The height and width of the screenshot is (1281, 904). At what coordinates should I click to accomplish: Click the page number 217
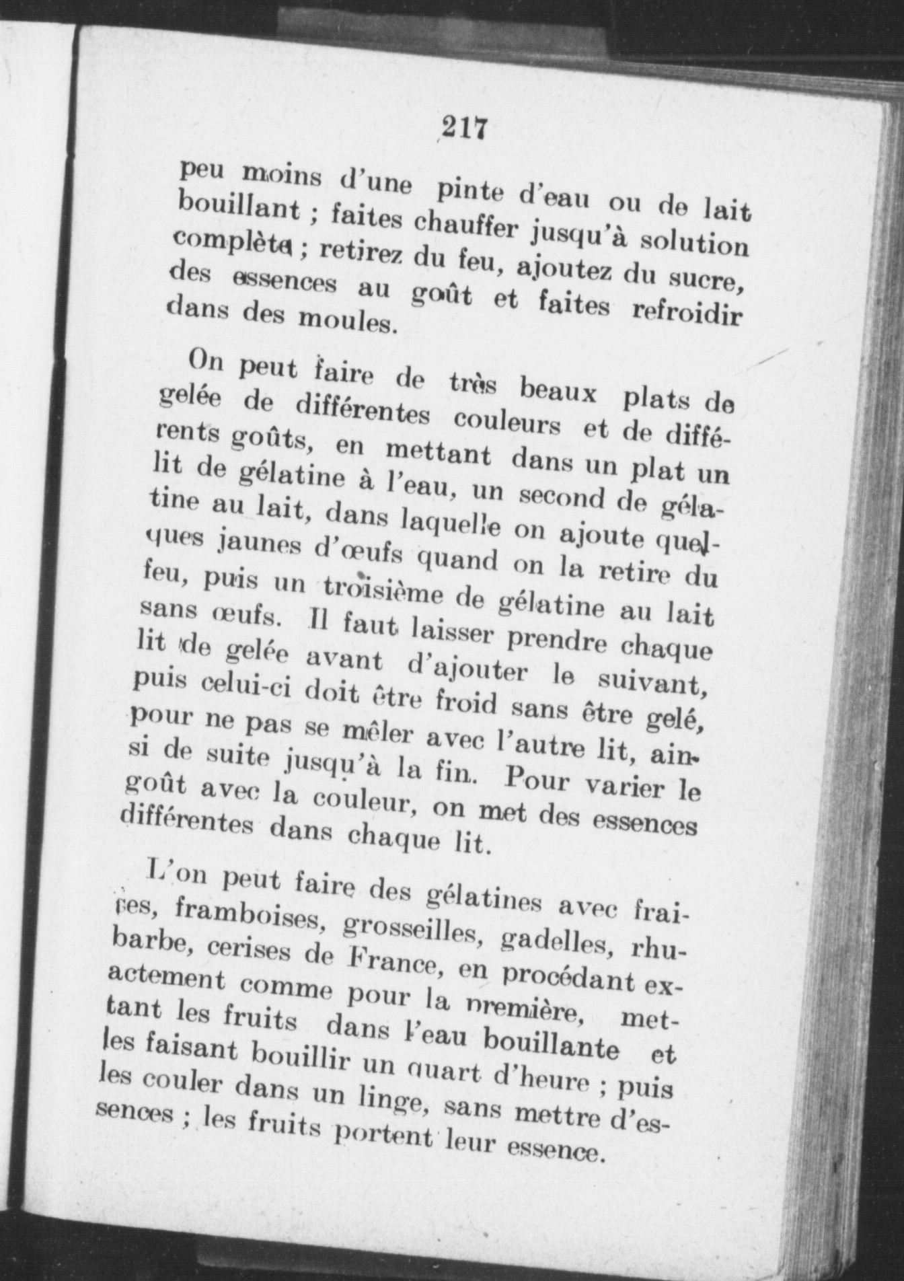pos(465,127)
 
